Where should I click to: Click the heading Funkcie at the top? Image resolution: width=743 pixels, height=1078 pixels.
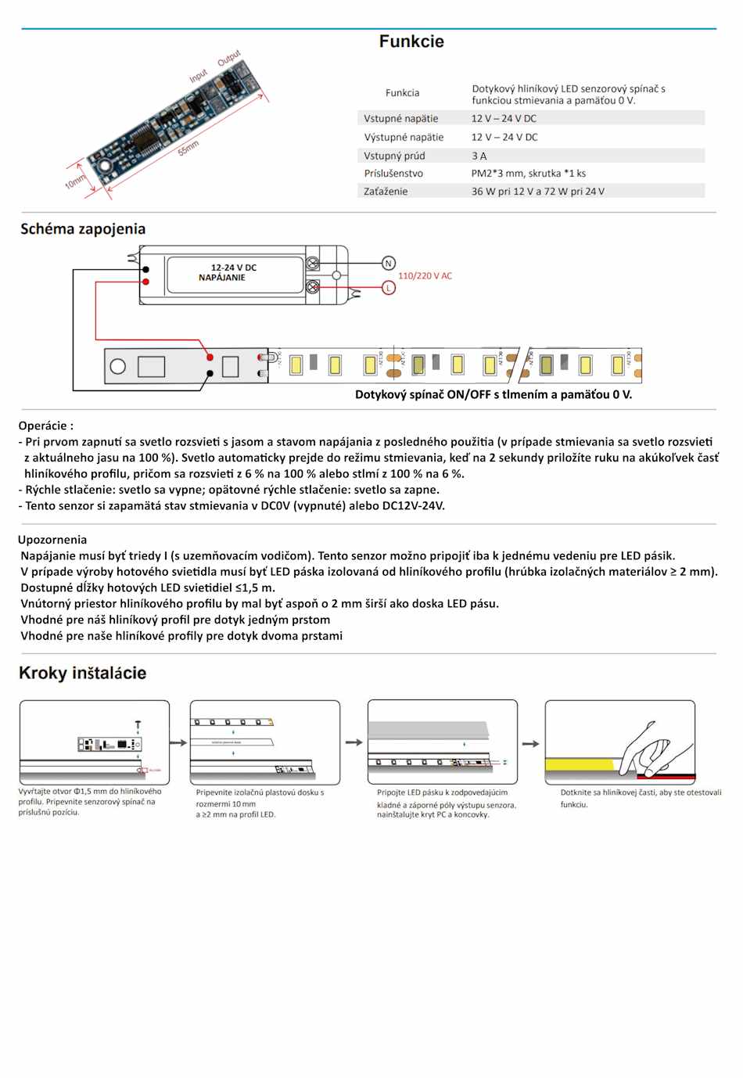(x=411, y=41)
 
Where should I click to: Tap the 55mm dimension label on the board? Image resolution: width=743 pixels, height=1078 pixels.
(x=188, y=147)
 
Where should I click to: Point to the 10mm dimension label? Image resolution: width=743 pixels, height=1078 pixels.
(x=76, y=181)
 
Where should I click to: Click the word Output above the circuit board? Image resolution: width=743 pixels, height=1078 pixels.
(x=229, y=59)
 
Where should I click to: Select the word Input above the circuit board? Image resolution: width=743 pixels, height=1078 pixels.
(x=199, y=75)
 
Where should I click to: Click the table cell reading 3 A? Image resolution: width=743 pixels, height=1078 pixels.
(x=479, y=156)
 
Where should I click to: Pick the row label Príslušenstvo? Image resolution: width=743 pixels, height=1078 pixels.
(x=393, y=174)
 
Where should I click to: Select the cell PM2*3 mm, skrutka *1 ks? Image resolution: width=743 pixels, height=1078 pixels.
(x=528, y=174)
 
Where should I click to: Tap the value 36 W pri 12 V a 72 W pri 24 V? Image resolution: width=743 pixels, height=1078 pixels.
(x=537, y=192)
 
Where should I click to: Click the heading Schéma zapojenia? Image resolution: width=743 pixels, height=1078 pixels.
(x=83, y=228)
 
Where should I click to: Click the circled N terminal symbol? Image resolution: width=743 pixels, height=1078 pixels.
(x=389, y=264)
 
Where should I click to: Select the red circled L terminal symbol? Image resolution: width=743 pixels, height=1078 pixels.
(x=389, y=288)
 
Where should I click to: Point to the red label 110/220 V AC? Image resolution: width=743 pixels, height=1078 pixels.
(x=425, y=276)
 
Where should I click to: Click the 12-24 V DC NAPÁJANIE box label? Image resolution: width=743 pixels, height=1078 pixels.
(x=233, y=273)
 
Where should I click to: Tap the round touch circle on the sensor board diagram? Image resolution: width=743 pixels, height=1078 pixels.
(x=118, y=366)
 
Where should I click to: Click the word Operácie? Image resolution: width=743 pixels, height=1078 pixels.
(x=45, y=426)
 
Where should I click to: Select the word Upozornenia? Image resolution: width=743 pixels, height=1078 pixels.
(x=52, y=540)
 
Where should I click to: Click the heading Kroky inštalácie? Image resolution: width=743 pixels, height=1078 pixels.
(x=82, y=674)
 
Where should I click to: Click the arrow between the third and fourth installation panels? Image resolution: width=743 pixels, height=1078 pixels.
(x=531, y=744)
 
